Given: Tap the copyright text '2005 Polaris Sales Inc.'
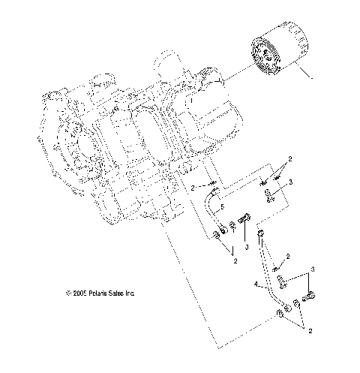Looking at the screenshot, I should coord(104,293).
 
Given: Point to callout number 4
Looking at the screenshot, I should coord(256,284).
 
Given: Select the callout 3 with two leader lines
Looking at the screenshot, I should coord(313,269).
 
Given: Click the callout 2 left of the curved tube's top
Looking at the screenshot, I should coord(192,187).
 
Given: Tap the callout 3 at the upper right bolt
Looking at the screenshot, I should coord(290,182).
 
